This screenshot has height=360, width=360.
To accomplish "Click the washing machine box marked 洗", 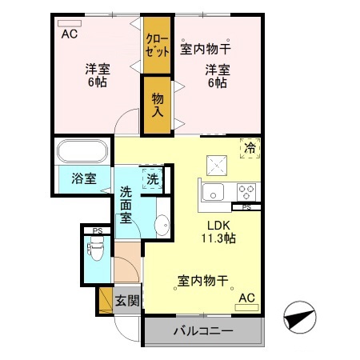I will (x=152, y=179).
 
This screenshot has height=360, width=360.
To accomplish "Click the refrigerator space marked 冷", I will (x=251, y=147).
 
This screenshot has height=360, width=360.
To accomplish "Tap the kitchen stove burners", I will (x=246, y=192).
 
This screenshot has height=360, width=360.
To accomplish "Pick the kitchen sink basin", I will (x=214, y=192).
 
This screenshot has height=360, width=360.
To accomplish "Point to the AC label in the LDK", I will (x=246, y=298).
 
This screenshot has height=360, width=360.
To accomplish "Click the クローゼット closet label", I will (x=158, y=45).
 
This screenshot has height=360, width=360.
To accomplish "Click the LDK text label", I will (x=219, y=225).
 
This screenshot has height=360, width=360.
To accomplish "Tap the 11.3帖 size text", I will (x=220, y=238).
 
